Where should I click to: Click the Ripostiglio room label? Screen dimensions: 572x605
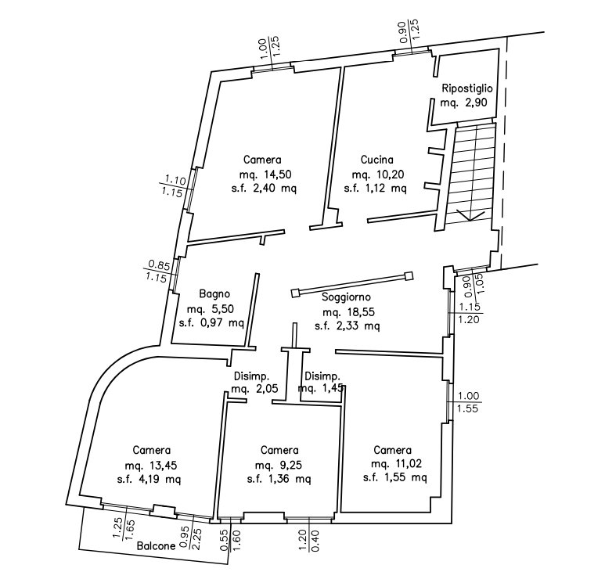coord(467,88)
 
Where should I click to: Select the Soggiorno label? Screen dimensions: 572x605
coord(347,297)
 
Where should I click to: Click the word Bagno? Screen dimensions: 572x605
coord(214,293)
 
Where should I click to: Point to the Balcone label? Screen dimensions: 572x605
coord(156,546)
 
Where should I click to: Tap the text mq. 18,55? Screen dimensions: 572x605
coord(347,311)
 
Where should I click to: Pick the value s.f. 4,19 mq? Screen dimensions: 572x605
coord(151,479)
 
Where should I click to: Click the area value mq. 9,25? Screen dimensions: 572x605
coord(279,465)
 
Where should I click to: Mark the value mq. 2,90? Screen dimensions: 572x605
coord(466,103)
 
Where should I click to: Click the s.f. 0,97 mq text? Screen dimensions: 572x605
coord(211,322)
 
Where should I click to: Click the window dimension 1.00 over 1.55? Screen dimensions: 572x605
coord(469,401)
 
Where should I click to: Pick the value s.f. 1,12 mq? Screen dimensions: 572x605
coord(376,188)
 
